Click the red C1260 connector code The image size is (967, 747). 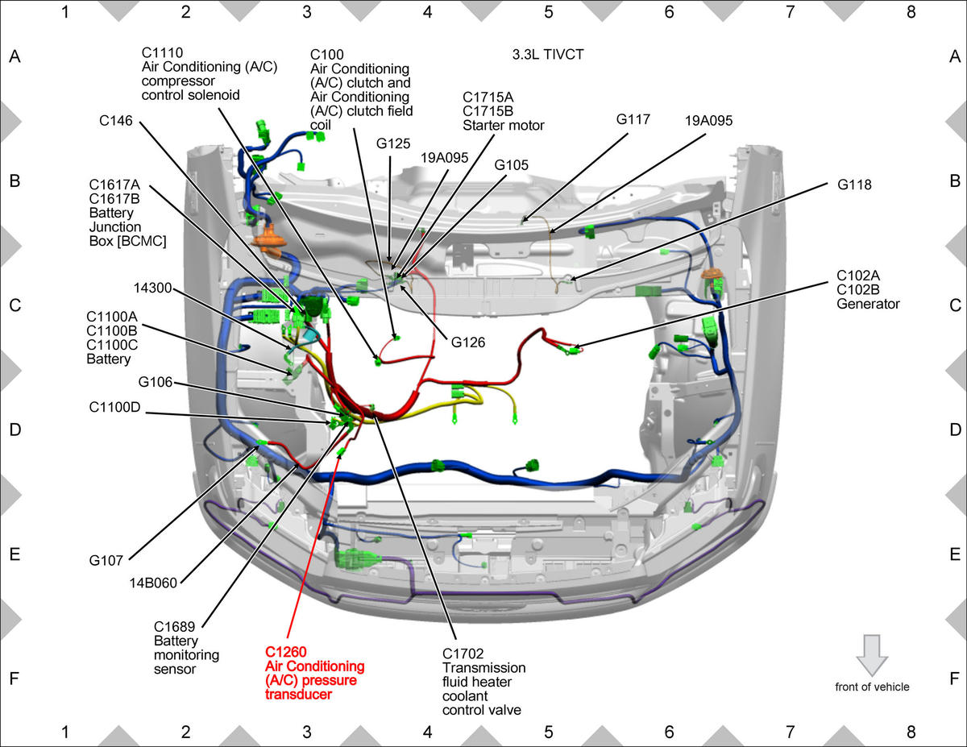pos(286,652)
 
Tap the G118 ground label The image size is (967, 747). pos(854,185)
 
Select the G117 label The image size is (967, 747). pos(633,119)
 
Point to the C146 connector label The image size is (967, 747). pos(116,121)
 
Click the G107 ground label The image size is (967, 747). pos(106,561)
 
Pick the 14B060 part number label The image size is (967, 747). pos(153,583)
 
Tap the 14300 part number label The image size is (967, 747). pos(152,288)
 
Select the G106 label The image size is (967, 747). pos(156,382)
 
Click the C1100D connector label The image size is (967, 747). pos(114,407)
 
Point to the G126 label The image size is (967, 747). pos(467,342)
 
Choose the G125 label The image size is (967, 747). pos(393,143)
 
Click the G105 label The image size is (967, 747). pos(512,165)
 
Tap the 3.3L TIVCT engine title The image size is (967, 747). pos(548,55)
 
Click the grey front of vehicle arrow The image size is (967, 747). pos(872,655)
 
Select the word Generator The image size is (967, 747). pos(868,304)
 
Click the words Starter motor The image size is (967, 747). pos(504,126)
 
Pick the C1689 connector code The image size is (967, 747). pos(174,626)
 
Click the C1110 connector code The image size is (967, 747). pos(163,52)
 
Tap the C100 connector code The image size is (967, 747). pos(326,55)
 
